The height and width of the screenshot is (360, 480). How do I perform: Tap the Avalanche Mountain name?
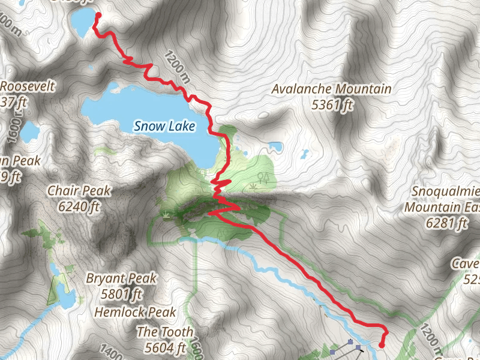coord(331,89)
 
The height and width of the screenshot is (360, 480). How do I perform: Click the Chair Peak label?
coord(79,191)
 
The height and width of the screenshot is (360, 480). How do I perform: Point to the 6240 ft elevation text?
coord(79,207)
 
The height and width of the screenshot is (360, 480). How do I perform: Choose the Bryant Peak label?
coord(121,278)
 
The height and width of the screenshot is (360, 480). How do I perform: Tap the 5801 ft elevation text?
coord(121,294)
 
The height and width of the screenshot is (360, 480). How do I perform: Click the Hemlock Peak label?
coord(135,312)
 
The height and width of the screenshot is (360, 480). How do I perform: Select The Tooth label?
coord(165,332)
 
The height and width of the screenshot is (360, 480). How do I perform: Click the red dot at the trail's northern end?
coord(98,16)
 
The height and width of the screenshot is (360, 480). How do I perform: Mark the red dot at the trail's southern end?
coord(382,344)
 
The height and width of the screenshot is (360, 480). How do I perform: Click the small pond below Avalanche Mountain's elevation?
coord(276,146)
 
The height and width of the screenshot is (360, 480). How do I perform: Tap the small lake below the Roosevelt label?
coord(30,131)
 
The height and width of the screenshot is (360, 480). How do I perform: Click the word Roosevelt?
coord(27,86)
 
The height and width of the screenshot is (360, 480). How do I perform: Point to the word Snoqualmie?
coord(447,192)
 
